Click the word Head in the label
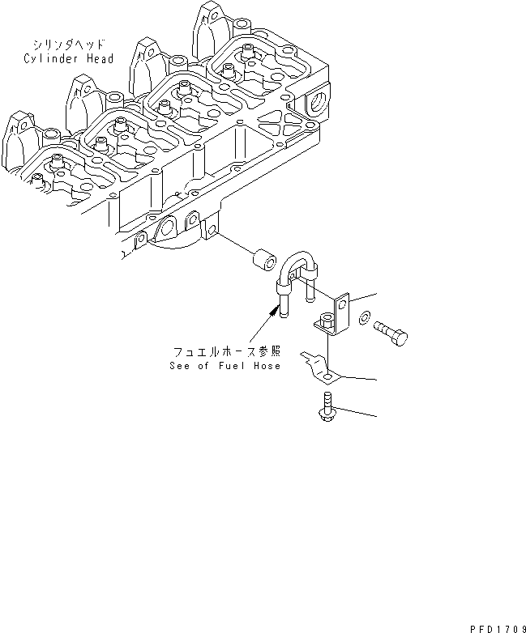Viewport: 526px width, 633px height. pyautogui.click(x=98, y=58)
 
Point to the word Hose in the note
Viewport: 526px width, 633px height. pyautogui.click(x=265, y=366)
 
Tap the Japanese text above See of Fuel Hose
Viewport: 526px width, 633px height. pyautogui.click(x=226, y=353)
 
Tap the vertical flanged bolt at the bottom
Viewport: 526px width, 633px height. pyautogui.click(x=326, y=407)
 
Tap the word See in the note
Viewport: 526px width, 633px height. pyautogui.click(x=179, y=366)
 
